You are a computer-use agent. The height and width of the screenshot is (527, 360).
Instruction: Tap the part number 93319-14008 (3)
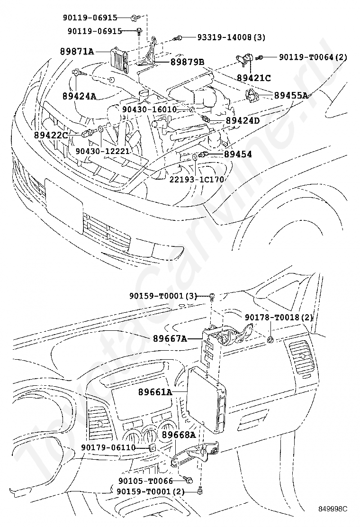[225, 37]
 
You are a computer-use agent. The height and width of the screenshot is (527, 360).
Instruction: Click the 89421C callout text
[254, 78]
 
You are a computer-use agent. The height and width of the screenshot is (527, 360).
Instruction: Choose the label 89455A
[291, 95]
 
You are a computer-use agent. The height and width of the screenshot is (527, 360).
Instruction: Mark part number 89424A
[79, 96]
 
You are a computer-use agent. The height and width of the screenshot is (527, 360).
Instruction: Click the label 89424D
[243, 121]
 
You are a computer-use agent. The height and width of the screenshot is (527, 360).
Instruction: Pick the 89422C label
[51, 135]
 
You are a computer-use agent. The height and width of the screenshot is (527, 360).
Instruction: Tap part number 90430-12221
[102, 151]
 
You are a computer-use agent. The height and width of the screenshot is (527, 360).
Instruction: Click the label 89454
[238, 154]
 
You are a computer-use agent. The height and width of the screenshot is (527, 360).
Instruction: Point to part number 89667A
[170, 338]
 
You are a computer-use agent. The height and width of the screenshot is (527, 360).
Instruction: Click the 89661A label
[155, 392]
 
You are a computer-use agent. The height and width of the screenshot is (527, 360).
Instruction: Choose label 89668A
[179, 434]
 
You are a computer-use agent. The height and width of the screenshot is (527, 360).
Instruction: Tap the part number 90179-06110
[108, 447]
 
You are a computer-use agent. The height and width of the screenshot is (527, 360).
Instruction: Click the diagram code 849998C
[333, 509]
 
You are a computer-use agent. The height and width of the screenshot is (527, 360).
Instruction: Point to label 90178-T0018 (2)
[279, 317]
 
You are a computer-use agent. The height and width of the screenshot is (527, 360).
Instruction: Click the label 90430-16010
[149, 109]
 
